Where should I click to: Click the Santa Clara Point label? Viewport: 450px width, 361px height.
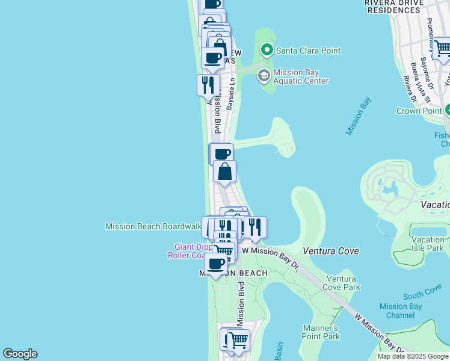pos(308,51)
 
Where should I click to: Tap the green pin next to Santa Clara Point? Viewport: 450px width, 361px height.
pos(265,50)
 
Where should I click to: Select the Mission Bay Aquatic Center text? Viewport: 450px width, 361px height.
pos(301,76)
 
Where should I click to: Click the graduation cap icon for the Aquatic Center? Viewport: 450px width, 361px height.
pos(263,76)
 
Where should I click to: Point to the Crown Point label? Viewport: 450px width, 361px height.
pos(419,111)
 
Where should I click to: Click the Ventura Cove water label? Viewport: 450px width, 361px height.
pos(331,251)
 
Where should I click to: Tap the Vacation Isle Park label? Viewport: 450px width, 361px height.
pos(428,244)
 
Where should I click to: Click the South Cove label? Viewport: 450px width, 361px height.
pos(422,293)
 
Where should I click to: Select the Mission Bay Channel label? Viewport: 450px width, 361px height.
pos(401,310)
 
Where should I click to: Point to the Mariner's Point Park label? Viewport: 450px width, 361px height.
pos(321,332)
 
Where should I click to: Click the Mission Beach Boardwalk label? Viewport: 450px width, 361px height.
pos(153,227)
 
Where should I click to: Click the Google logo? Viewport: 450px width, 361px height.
pos(20,354)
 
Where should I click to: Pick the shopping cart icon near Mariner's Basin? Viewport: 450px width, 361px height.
pos(239,340)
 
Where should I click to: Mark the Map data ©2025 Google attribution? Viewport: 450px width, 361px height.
pos(413,356)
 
